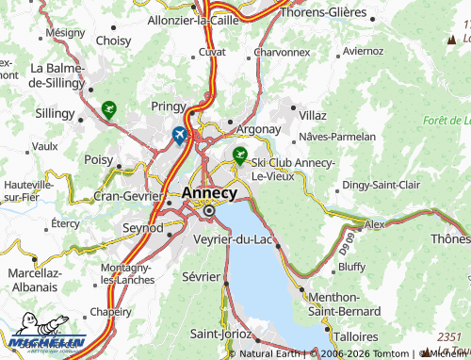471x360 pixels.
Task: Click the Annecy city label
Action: pyautogui.click(x=216, y=192)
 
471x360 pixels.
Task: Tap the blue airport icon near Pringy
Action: pyautogui.click(x=180, y=136)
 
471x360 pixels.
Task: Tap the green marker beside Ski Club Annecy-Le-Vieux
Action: pyautogui.click(x=240, y=153)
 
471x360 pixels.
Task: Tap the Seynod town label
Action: pyautogui.click(x=143, y=228)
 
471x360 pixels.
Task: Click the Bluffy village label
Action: pyautogui.click(x=350, y=267)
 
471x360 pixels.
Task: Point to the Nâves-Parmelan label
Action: pyautogui.click(x=336, y=137)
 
